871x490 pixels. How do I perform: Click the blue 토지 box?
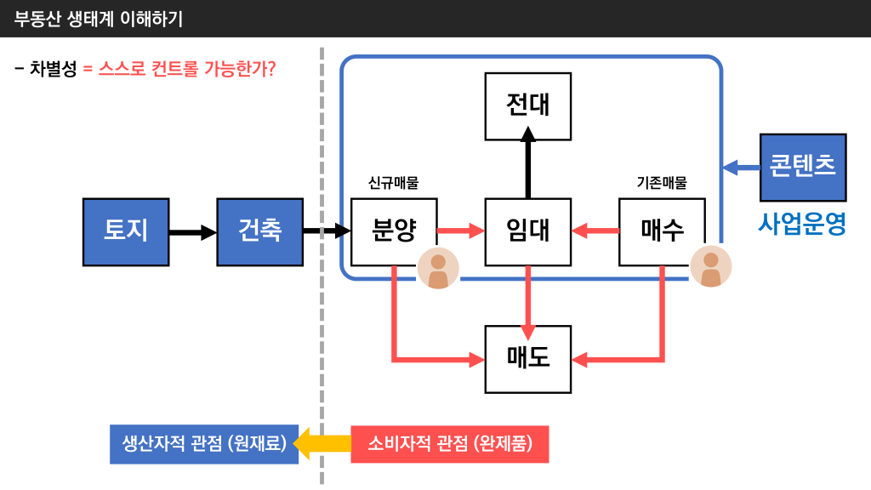[125, 231]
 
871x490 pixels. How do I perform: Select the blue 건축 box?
[259, 231]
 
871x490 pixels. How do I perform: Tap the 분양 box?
[394, 231]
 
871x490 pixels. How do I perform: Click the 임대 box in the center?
[527, 231]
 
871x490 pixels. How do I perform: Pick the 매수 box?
[662, 231]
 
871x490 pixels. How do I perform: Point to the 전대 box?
[527, 105]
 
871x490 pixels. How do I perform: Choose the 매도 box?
[527, 359]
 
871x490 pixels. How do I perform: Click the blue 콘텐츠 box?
[802, 167]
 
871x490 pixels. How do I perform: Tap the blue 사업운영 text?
[802, 223]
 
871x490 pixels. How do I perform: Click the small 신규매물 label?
[393, 183]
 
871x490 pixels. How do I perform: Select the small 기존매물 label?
[661, 183]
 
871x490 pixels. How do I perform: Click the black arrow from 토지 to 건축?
[192, 231]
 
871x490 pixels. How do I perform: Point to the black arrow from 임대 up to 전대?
[527, 166]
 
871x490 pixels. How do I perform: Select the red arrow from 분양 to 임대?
[460, 231]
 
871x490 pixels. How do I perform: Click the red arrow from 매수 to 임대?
[595, 231]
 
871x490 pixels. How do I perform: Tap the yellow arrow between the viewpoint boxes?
[324, 443]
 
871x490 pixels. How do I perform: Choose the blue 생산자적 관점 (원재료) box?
[204, 443]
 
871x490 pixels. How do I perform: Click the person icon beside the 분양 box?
[438, 269]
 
